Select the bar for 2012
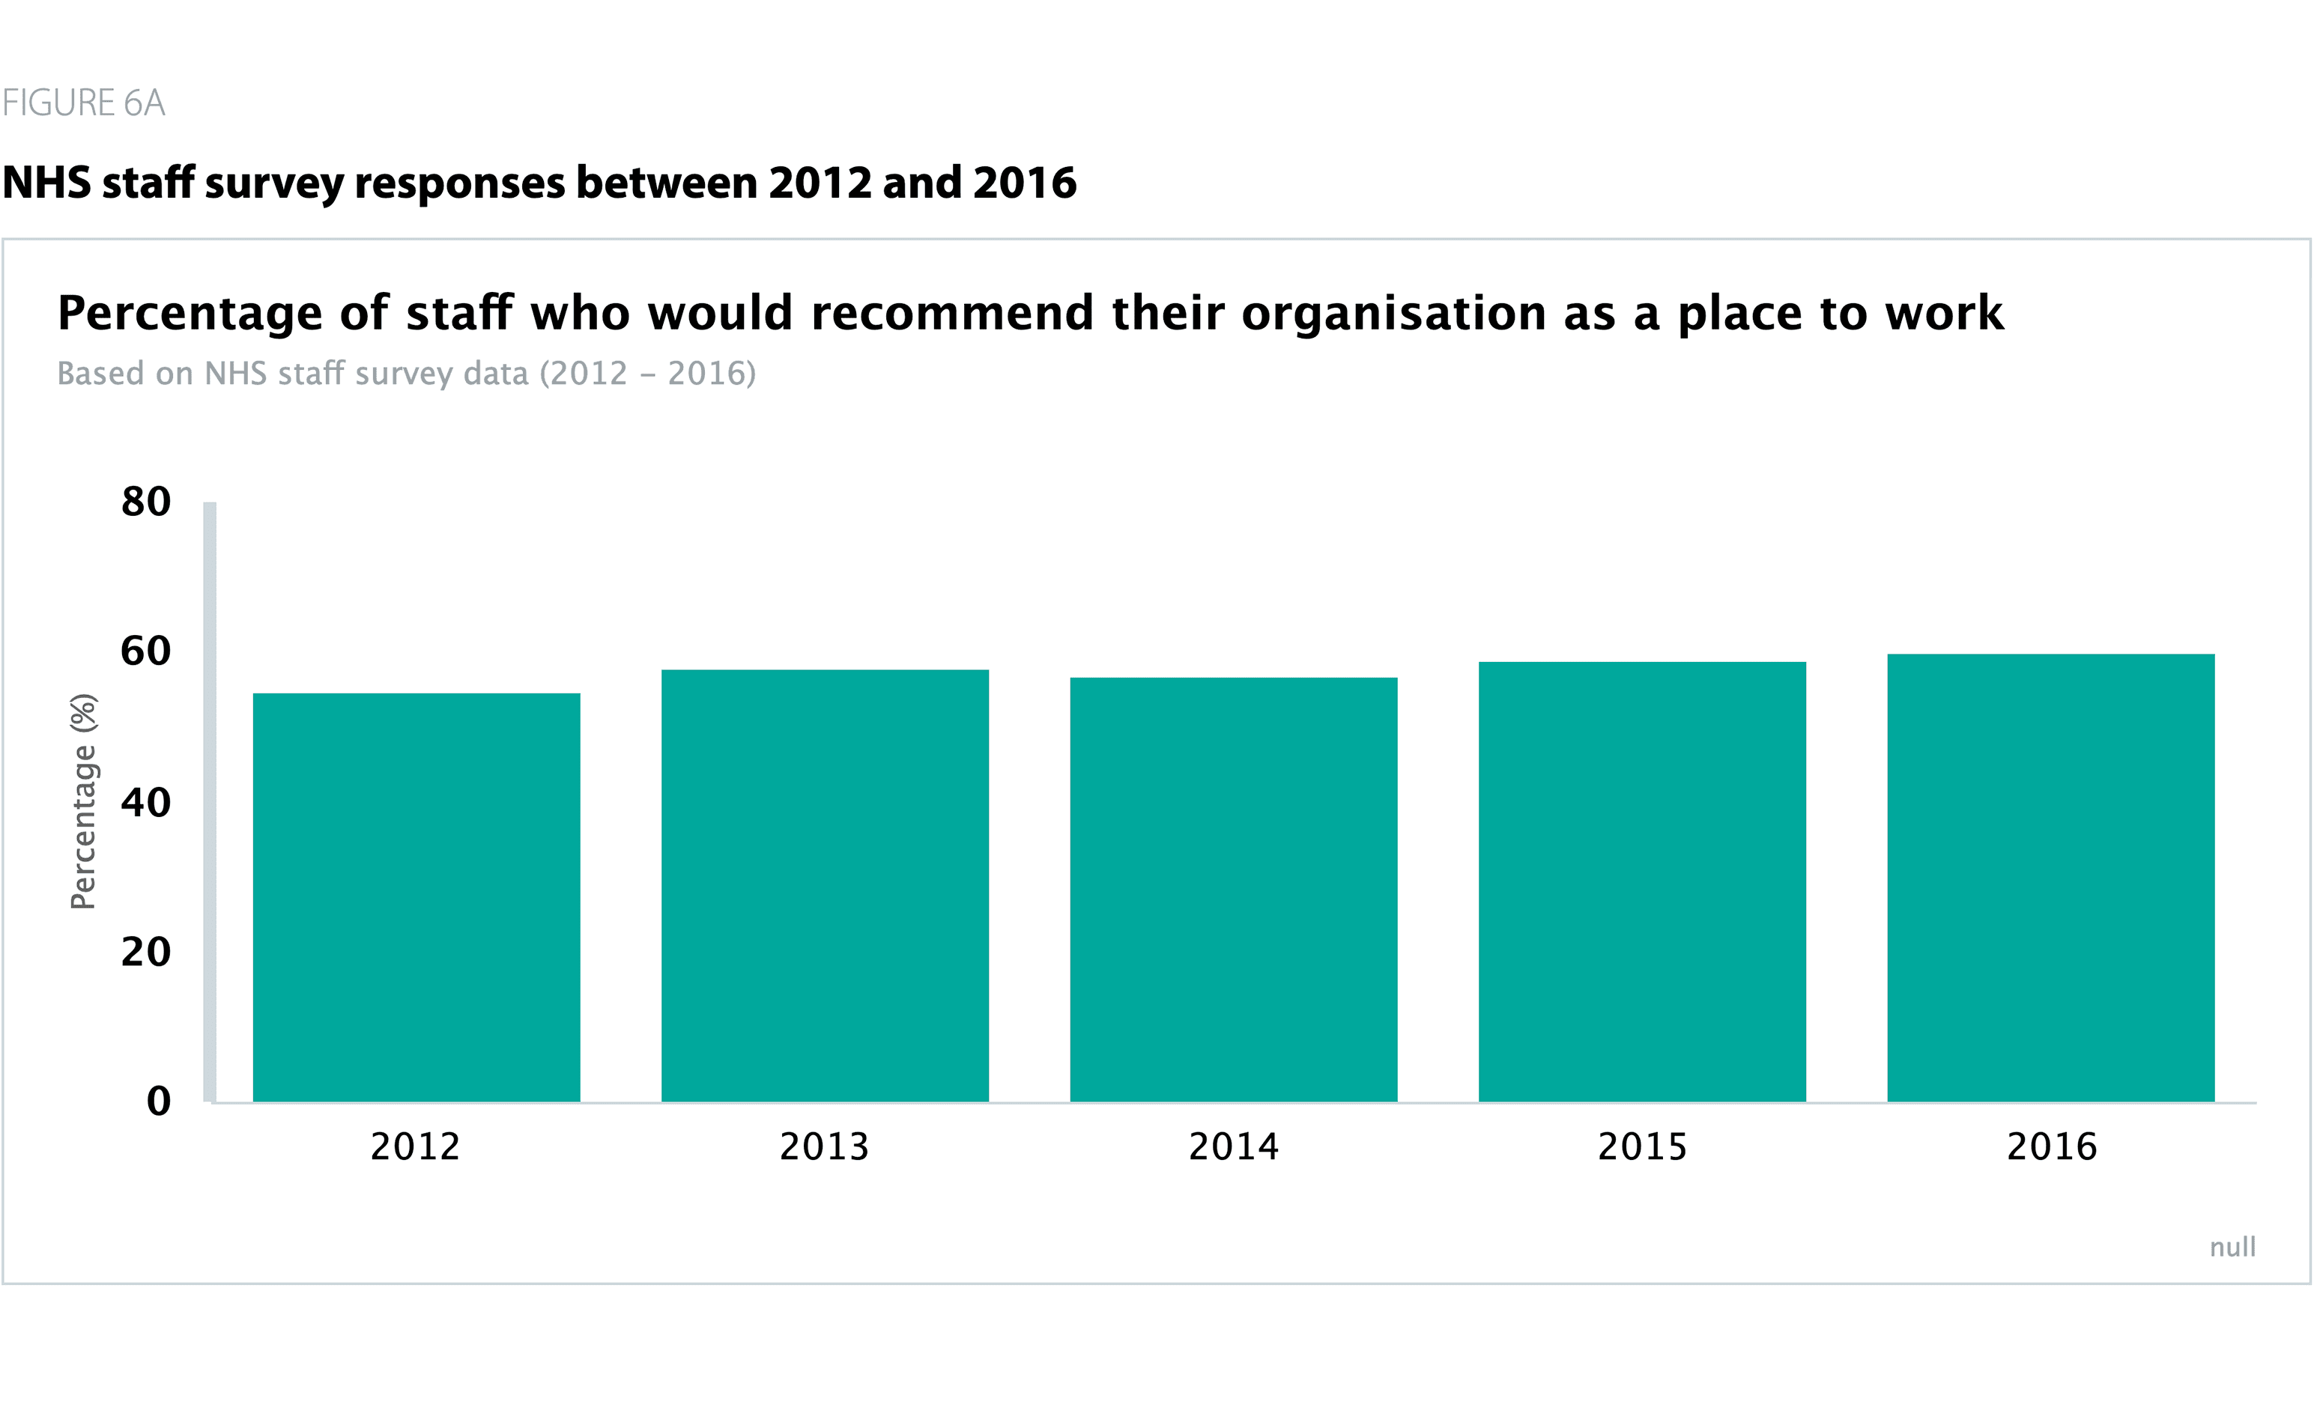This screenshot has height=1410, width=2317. [x=417, y=898]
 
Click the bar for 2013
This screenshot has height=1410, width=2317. [x=825, y=886]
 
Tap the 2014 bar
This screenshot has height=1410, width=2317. [x=1234, y=890]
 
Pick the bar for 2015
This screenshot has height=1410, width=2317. [x=1642, y=882]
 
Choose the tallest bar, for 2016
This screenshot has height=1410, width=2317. [x=2051, y=878]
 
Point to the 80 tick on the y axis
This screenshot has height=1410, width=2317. [x=146, y=502]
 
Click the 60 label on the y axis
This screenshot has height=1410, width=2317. [x=146, y=651]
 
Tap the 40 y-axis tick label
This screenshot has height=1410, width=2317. [x=146, y=803]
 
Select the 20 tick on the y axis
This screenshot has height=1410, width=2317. [x=146, y=952]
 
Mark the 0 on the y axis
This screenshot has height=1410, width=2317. [x=159, y=1101]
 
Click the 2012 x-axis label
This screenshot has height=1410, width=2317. [x=416, y=1147]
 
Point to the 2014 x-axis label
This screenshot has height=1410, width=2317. [x=1234, y=1147]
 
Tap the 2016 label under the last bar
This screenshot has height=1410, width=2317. [x=2052, y=1147]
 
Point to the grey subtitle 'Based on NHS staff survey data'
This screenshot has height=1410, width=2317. [x=406, y=373]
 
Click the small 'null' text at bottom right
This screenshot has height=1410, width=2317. [x=2232, y=1248]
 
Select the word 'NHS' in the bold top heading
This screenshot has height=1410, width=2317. [x=47, y=183]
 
